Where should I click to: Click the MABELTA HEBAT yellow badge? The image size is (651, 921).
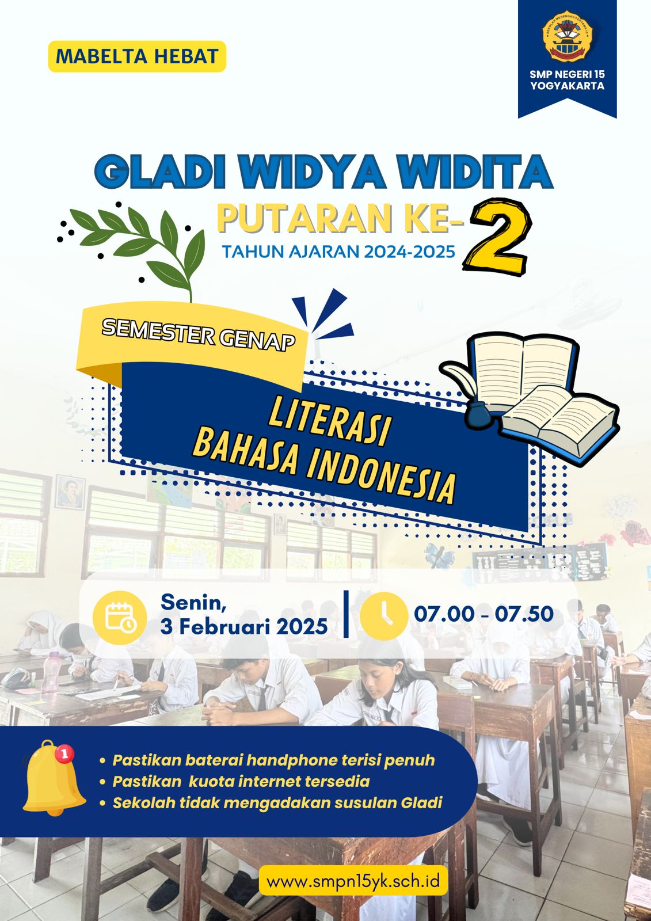pos(137,56)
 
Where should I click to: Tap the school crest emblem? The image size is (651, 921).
pos(567,36)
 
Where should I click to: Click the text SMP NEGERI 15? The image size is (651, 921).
pos(567,74)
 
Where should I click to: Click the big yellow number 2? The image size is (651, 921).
pos(497,237)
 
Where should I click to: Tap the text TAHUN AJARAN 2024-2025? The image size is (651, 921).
pos(339,251)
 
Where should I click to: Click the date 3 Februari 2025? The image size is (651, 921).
pos(244,627)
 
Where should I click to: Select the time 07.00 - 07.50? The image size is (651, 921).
pos(484,614)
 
